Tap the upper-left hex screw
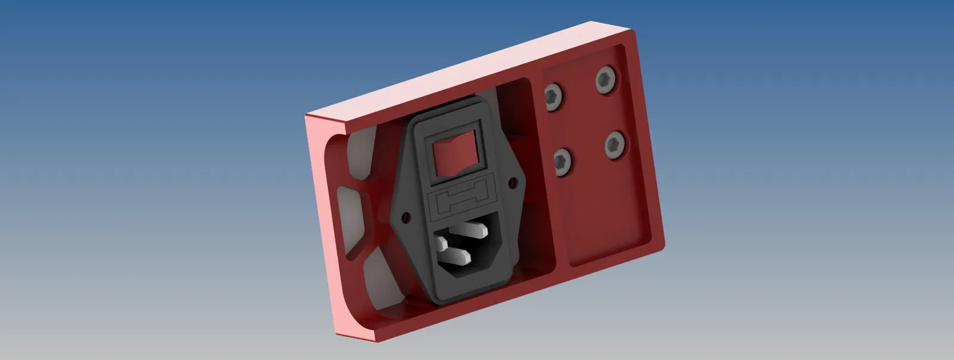click(x=552, y=97)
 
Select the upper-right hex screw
click(x=606, y=80)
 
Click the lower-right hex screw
click(x=615, y=145)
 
